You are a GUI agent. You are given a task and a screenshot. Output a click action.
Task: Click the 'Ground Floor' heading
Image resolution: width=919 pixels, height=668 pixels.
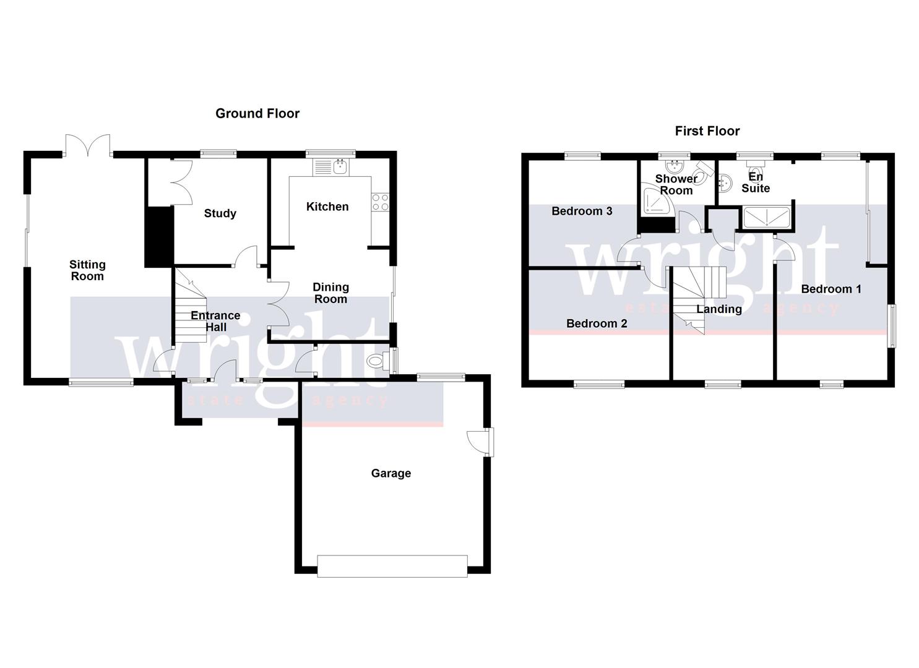(x=257, y=113)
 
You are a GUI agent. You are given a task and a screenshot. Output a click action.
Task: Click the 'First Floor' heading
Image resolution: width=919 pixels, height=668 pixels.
(x=707, y=131)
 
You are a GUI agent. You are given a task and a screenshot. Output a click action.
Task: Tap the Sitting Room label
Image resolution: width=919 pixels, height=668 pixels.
(x=87, y=270)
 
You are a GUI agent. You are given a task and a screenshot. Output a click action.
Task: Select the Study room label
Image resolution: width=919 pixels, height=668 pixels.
(x=220, y=213)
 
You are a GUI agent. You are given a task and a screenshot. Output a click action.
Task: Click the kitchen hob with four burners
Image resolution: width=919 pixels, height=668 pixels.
(x=380, y=202)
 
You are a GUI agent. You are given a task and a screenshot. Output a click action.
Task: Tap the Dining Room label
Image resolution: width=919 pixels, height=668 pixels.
(x=330, y=293)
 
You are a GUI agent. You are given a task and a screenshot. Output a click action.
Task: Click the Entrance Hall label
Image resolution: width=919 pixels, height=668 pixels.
(x=215, y=321)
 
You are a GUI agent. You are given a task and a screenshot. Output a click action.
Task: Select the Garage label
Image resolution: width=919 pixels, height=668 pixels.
(x=390, y=473)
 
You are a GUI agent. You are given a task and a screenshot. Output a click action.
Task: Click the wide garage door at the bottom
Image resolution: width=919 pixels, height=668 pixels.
(x=392, y=566)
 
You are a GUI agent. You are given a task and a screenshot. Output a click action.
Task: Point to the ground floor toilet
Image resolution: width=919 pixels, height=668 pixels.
(x=378, y=361)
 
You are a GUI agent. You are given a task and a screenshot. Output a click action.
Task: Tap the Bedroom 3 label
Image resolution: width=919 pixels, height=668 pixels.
(x=582, y=211)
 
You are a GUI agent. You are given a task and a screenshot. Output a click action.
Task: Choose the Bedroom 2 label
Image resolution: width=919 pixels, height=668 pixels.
(x=597, y=323)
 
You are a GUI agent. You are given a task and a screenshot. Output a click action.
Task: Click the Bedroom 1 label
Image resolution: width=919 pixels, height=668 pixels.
(x=831, y=289)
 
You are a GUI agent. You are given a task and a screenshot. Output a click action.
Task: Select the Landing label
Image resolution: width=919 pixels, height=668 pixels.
(x=718, y=309)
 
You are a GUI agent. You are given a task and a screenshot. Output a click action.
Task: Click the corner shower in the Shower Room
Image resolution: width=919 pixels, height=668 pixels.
(x=653, y=201)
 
